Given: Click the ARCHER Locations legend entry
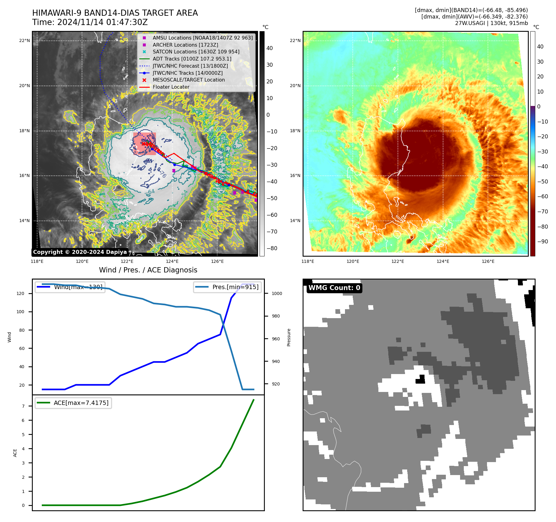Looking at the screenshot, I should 185,45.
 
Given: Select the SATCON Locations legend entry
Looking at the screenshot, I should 196,52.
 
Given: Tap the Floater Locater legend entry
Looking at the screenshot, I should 171,87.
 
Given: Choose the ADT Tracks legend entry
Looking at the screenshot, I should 192,59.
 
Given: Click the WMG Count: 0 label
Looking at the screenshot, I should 334,288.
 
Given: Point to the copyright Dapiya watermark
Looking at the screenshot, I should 80,252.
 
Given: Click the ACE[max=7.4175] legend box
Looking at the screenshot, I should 73,403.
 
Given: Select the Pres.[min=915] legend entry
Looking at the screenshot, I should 227,287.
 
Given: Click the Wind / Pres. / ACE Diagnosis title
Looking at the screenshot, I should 148,270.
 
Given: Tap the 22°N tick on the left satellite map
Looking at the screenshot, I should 24,40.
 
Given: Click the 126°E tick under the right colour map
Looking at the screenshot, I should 488,261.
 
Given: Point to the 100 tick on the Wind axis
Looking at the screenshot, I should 20,312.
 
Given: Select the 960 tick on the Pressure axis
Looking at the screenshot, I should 275,339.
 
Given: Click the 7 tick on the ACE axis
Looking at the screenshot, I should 23,406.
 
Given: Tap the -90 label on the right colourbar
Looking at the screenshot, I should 542,242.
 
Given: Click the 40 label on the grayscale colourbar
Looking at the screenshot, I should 269,48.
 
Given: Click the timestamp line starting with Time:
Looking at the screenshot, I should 90,23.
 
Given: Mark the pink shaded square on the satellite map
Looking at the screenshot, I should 144,144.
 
